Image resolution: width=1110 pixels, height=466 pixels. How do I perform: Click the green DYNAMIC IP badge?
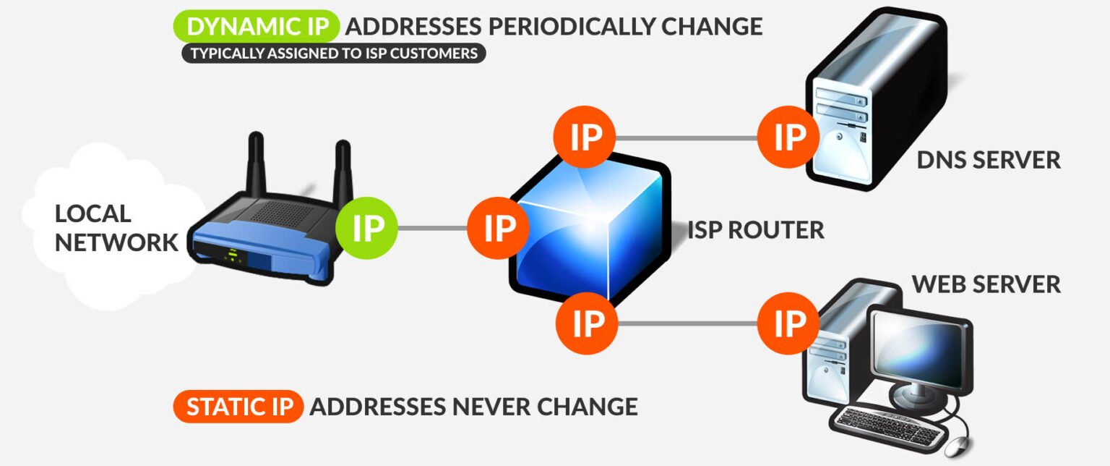(257, 26)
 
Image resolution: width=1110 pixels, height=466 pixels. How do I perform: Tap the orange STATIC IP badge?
(238, 407)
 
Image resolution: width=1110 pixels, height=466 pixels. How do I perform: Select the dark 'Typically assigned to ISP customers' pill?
(333, 54)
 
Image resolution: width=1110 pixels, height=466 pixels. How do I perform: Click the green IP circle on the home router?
(366, 228)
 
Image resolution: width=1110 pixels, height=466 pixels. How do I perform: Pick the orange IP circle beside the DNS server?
(788, 137)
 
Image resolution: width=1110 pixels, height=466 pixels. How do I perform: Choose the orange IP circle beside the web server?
(788, 323)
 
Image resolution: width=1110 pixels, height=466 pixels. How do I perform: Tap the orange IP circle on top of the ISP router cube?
(585, 137)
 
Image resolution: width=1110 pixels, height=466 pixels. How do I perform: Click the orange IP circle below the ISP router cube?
(587, 323)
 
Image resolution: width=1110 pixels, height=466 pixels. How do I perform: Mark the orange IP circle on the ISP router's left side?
(498, 228)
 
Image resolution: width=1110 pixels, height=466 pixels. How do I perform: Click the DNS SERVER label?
(989, 161)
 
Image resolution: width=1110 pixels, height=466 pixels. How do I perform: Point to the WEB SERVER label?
(986, 284)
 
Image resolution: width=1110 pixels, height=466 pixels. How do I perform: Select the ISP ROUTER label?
(756, 230)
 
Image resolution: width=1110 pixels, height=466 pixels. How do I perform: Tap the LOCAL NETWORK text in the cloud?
(116, 228)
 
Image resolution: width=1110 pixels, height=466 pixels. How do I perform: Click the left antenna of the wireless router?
(256, 164)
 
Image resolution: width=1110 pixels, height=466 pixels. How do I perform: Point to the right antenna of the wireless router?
(343, 171)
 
